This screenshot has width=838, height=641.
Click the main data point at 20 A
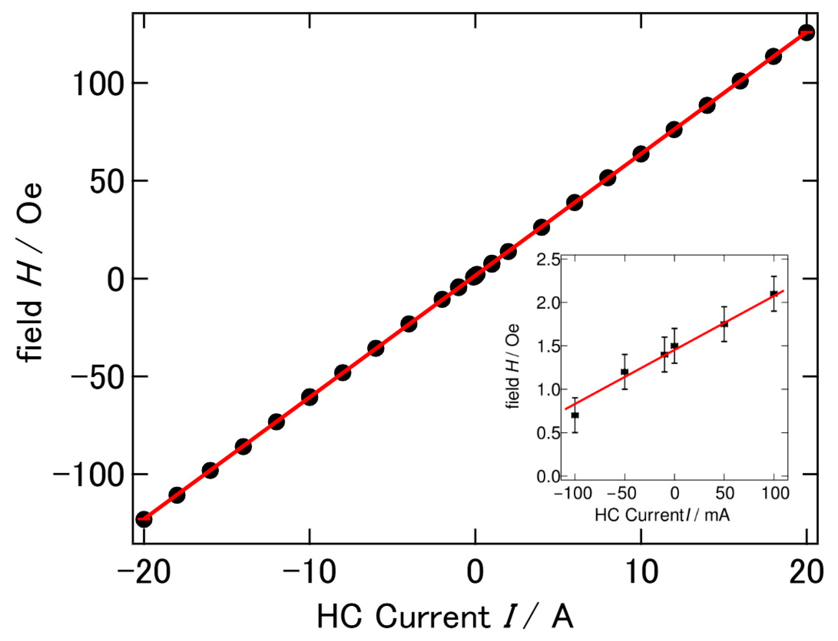pyautogui.click(x=806, y=33)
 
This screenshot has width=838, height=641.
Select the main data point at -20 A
pyautogui.click(x=144, y=520)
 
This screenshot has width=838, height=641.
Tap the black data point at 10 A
pyautogui.click(x=641, y=153)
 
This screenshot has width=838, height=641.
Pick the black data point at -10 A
pyautogui.click(x=310, y=397)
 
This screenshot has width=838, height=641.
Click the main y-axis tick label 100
pyautogui.click(x=97, y=84)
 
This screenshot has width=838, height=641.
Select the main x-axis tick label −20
pyautogui.click(x=144, y=573)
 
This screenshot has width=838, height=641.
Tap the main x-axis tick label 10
pyautogui.click(x=642, y=573)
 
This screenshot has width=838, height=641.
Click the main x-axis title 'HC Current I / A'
pyautogui.click(x=445, y=617)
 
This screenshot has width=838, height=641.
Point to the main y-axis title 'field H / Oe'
pyautogui.click(x=30, y=272)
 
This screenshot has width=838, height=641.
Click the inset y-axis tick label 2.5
pyautogui.click(x=548, y=260)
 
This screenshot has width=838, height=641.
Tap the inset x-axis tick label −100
pyautogui.click(x=573, y=494)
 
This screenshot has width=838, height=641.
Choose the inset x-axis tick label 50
pyautogui.click(x=724, y=494)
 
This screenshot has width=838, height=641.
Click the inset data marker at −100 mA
pyautogui.click(x=575, y=415)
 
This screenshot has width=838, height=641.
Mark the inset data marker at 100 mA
pyautogui.click(x=774, y=294)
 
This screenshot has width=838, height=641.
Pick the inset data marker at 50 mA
pyautogui.click(x=724, y=324)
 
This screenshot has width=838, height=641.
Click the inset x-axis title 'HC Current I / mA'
pyautogui.click(x=662, y=516)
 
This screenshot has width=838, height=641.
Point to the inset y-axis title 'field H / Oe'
pyautogui.click(x=513, y=367)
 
